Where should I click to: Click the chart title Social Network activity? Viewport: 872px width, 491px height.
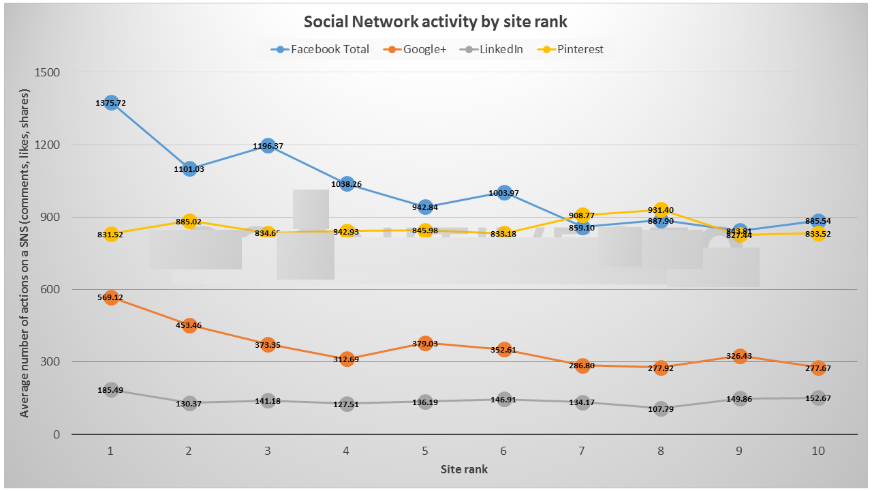pos(435,21)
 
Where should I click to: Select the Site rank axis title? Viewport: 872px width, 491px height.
pos(464,469)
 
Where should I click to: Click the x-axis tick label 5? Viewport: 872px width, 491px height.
pos(425,451)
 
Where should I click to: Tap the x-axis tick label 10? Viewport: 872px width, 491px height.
pos(818,451)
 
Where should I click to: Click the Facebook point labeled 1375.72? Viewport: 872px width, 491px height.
pos(112,103)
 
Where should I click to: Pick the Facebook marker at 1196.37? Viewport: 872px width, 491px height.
pos(268,146)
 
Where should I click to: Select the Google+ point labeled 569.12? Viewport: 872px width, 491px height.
pos(112,297)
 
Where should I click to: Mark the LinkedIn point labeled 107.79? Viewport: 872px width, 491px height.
pos(661,409)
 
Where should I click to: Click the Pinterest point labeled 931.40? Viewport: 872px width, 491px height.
pos(661,210)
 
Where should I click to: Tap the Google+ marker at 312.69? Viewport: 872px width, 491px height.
pos(347,359)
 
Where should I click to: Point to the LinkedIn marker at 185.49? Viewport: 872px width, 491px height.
pos(112,390)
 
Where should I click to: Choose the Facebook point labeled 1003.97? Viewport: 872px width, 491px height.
pos(504,193)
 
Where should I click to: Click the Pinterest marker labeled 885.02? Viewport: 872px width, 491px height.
pos(190,221)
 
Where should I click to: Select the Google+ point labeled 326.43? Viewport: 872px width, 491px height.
pos(740,356)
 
